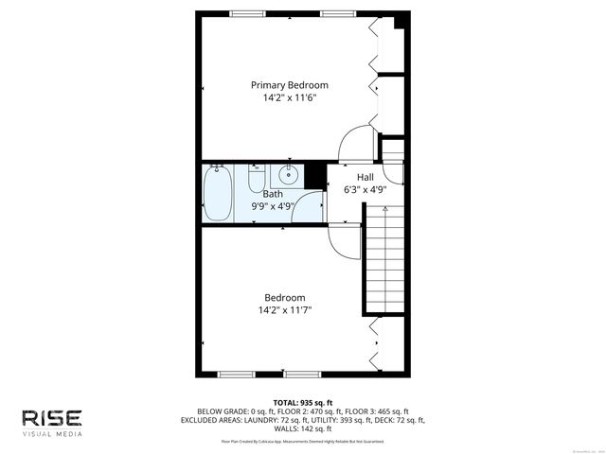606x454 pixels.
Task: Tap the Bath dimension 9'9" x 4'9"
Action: coord(273,205)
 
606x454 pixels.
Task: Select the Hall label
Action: coord(365,178)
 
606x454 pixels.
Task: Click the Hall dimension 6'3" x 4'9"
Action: coord(365,189)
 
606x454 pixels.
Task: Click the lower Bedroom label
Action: coord(284,297)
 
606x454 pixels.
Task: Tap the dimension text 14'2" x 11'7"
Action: coord(284,309)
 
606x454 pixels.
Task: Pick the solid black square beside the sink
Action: coord(315,174)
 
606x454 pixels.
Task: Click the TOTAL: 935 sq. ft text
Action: coord(303,402)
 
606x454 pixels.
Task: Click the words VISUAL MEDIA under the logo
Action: coord(53,434)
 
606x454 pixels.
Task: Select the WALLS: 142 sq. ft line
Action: coord(303,428)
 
